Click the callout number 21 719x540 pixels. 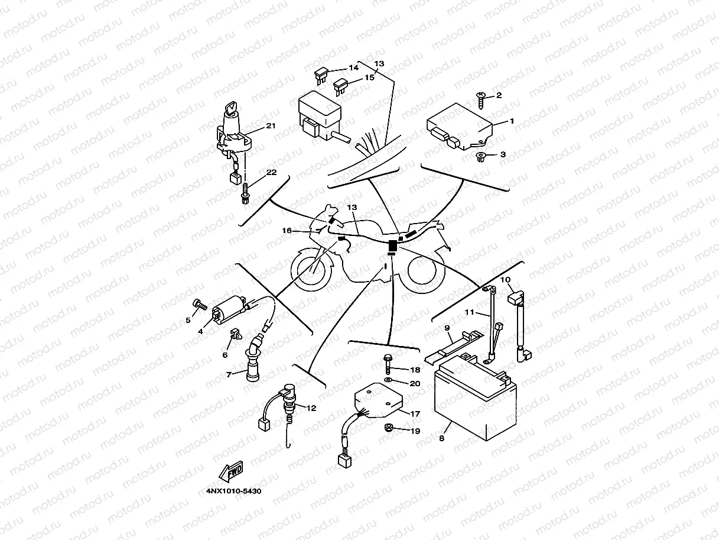tap(271, 126)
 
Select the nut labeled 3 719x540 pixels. tap(480, 157)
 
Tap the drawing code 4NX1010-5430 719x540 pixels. tap(234, 491)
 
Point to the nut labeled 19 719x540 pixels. tap(389, 428)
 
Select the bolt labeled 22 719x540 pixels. tap(245, 193)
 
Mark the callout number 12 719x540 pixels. tap(311, 408)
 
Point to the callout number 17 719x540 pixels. tap(415, 414)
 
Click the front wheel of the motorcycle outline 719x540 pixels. tap(312, 270)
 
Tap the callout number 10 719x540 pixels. tap(506, 279)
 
